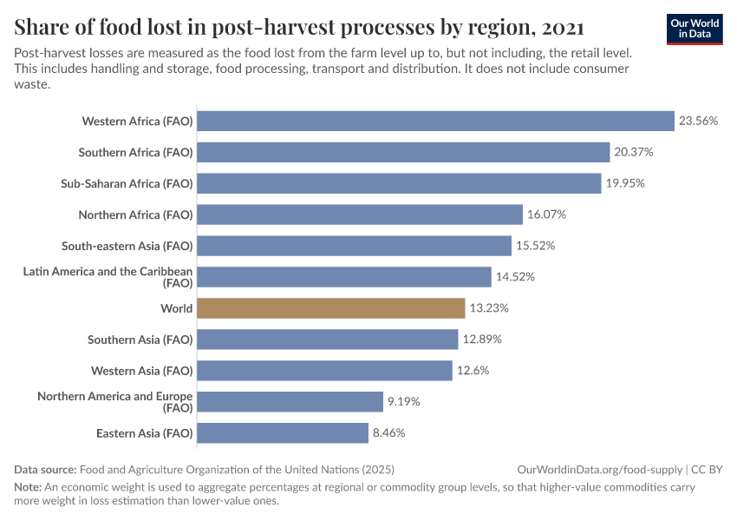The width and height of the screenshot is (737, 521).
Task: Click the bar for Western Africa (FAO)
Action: [435, 121]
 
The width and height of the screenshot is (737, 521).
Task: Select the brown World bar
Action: [330, 308]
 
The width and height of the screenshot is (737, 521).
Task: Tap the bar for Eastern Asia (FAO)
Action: [283, 432]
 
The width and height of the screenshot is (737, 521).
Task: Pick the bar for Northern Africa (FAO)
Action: [360, 214]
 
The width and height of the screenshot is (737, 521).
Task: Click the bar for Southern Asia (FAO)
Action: [327, 340]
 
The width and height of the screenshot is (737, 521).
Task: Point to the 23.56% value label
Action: [698, 121]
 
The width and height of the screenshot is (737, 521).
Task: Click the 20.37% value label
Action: [634, 152]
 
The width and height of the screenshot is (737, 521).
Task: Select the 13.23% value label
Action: [489, 308]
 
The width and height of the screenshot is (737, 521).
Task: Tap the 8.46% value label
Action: [389, 432]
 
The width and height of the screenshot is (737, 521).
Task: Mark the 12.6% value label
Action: [473, 371]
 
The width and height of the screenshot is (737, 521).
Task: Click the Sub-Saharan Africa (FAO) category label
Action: [127, 183]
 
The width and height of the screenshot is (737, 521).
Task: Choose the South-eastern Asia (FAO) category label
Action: [127, 246]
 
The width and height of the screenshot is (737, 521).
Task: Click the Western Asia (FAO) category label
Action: [141, 371]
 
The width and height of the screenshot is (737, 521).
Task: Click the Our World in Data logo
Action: [694, 29]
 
